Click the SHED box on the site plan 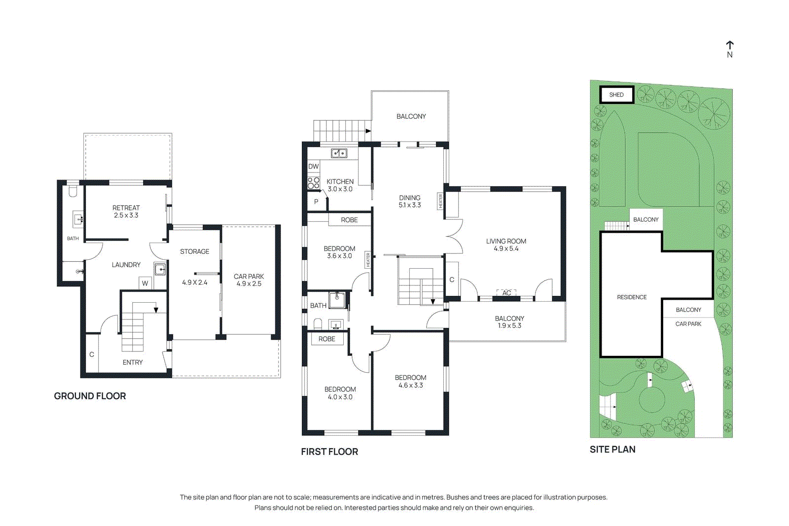(616, 95)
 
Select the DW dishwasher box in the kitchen (314, 167)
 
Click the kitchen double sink (339, 153)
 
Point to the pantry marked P (316, 202)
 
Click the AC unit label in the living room (506, 293)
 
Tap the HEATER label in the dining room (440, 201)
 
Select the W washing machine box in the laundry (145, 283)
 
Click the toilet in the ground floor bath (73, 190)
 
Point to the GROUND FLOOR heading (90, 396)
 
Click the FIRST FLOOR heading (329, 452)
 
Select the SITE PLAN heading (612, 450)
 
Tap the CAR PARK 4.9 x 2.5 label (249, 280)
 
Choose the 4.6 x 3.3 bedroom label (410, 382)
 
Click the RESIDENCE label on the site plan (632, 297)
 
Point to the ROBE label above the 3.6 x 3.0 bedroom (349, 220)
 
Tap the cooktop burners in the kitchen (314, 183)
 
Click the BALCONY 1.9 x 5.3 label (509, 322)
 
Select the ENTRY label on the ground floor (133, 362)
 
